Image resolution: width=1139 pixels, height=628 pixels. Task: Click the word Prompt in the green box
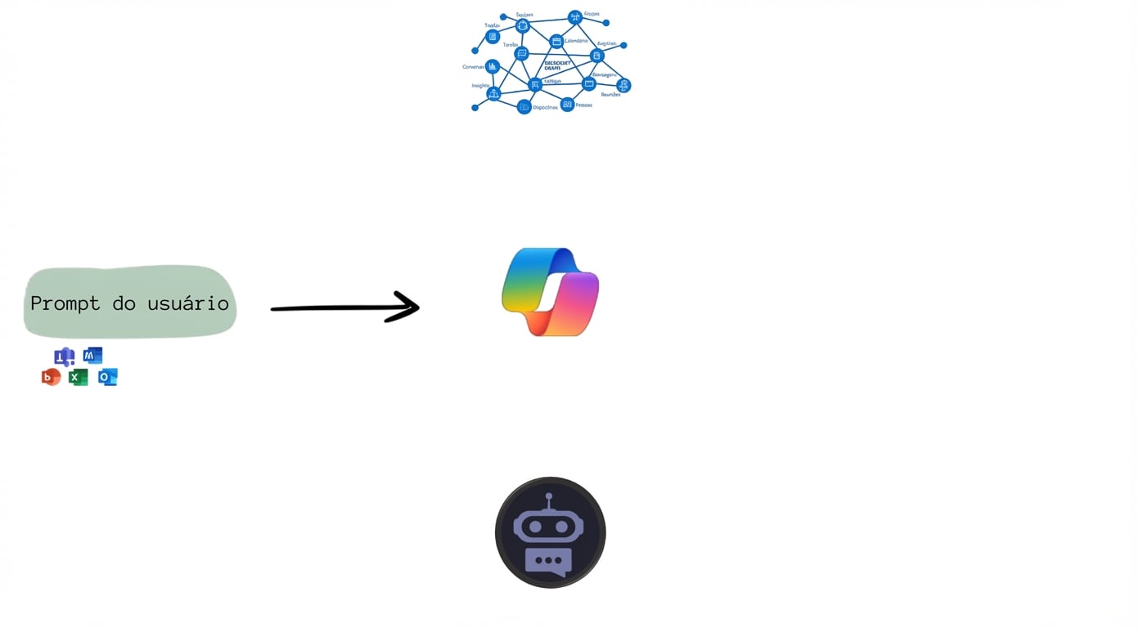click(65, 303)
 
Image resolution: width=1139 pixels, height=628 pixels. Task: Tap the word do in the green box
click(124, 303)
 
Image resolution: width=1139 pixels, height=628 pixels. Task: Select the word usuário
click(188, 303)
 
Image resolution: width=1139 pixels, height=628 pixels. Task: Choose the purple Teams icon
click(64, 357)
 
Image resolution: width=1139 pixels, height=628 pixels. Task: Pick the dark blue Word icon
click(92, 356)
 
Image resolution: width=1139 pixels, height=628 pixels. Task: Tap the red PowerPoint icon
click(51, 377)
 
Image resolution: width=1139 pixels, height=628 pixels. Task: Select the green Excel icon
click(78, 377)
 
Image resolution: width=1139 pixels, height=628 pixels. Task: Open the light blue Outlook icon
click(107, 377)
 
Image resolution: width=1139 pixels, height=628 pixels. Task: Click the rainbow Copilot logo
click(550, 292)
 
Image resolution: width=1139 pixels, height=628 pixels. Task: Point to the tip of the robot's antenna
click(549, 496)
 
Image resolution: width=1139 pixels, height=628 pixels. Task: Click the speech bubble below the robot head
click(549, 561)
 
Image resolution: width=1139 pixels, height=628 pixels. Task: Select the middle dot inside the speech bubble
click(549, 561)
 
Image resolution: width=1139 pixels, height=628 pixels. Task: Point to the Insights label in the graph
click(480, 86)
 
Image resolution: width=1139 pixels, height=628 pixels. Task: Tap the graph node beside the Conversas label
click(492, 67)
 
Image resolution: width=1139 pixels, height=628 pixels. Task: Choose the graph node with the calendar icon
click(556, 42)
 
